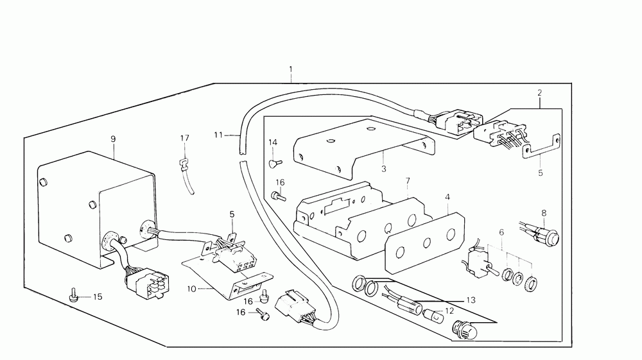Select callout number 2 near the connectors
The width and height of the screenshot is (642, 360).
pos(539,93)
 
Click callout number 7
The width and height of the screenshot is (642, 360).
pos(406,182)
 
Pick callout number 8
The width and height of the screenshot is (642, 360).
pos(544,212)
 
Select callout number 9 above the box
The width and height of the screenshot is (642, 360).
pos(113,139)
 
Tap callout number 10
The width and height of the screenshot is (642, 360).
pos(191,289)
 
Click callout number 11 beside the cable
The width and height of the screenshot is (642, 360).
pos(219,135)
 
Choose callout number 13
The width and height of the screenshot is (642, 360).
pos(471,300)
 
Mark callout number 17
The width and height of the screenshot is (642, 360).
pos(185,138)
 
